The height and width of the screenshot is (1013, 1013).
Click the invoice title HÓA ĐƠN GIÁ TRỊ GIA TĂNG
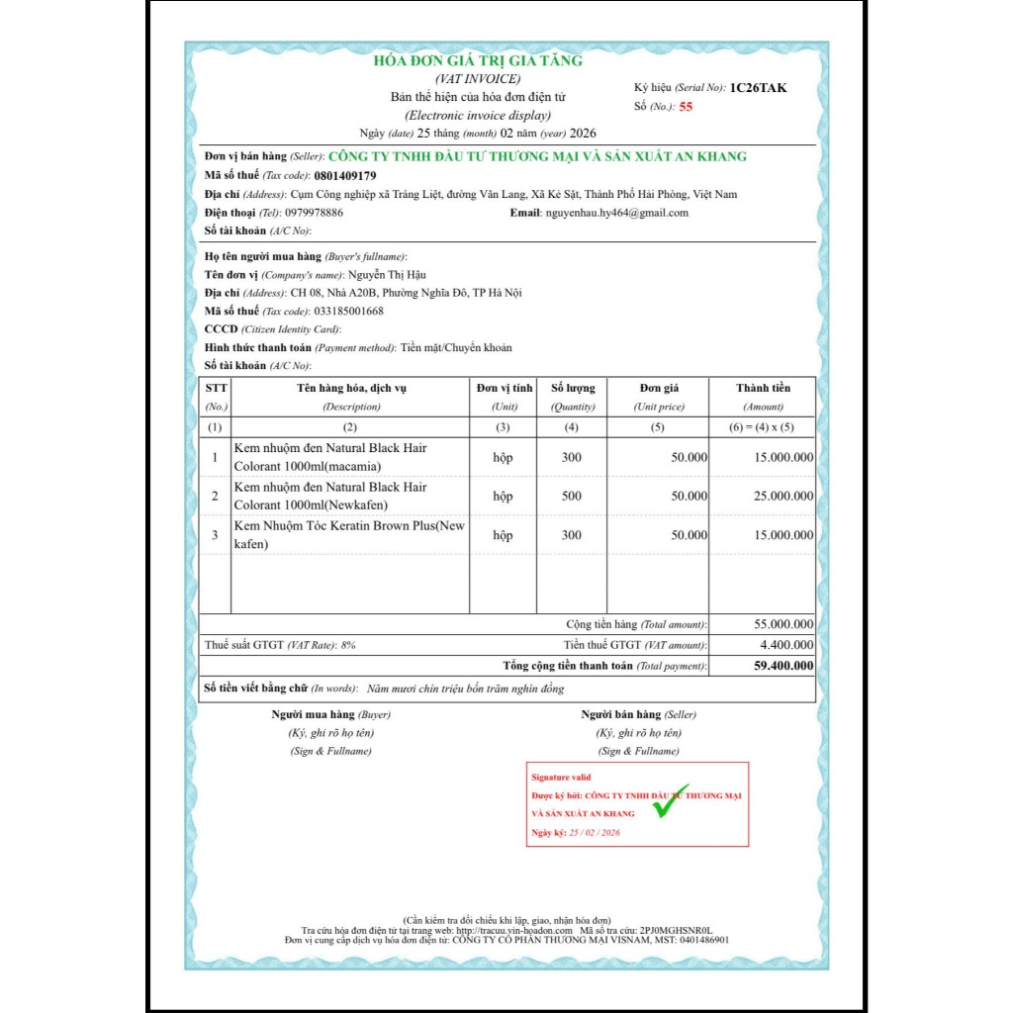coord(478,60)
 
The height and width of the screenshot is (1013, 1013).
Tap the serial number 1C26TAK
coord(759,88)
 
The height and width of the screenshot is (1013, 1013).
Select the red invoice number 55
coord(686,106)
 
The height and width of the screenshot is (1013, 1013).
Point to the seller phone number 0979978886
coord(314,213)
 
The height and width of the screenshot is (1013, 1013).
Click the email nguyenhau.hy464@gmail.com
coord(616,213)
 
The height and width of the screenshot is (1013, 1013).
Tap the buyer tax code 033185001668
coord(349,311)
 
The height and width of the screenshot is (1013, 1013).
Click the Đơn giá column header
coord(659,388)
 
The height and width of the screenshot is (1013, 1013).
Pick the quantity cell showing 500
coord(572,496)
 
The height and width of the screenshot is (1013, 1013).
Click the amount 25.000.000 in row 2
coord(783,496)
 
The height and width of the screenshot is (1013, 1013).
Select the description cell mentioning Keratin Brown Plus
coord(349,534)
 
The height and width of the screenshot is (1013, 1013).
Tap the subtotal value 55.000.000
coord(783,624)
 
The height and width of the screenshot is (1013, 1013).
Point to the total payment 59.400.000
coord(783,666)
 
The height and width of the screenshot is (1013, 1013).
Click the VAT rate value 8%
coord(347,645)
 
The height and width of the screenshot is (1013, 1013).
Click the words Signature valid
coord(561,778)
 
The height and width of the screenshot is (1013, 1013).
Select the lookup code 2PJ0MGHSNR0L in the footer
coord(676,931)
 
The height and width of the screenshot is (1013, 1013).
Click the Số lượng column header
coord(572,388)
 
